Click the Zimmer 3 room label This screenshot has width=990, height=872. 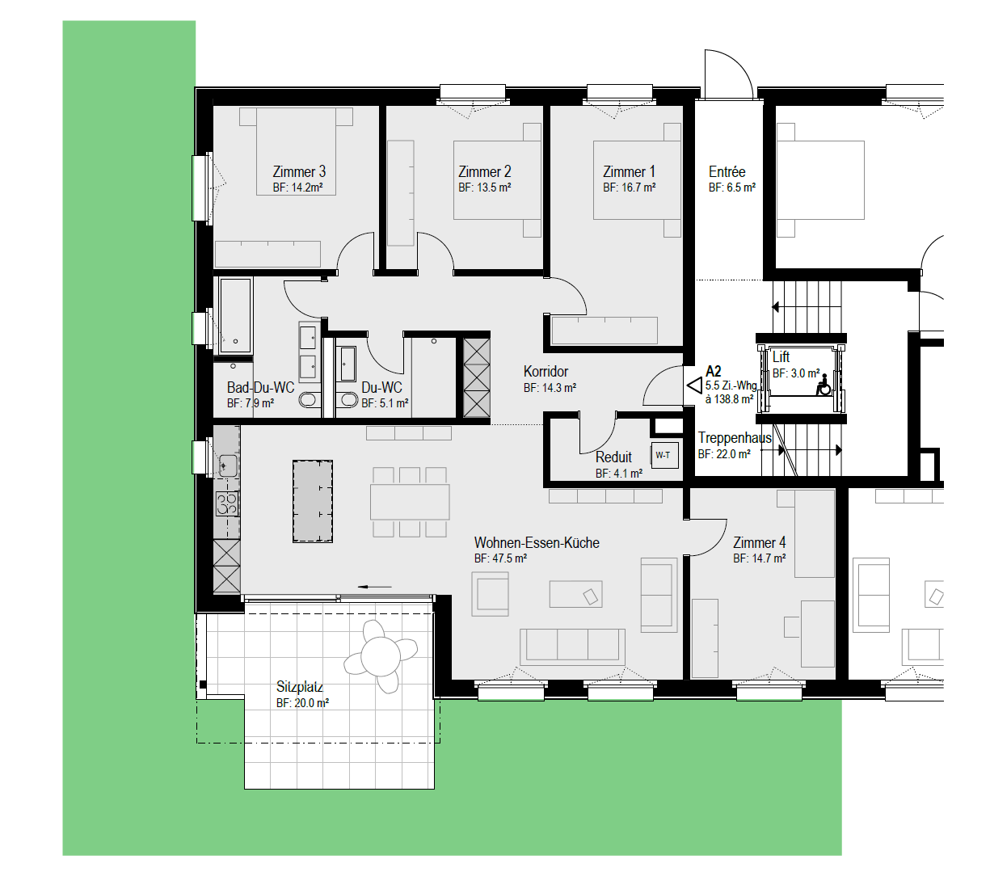tap(298, 171)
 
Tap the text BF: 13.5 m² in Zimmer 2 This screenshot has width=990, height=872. tap(484, 187)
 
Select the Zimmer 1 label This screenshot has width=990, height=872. tap(629, 171)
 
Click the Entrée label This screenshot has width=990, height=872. tap(727, 171)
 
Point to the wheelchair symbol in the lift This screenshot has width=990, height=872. tap(824, 385)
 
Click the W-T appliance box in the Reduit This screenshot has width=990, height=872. tap(664, 456)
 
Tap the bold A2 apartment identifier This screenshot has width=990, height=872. tap(714, 372)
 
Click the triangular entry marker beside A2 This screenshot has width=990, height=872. tap(694, 385)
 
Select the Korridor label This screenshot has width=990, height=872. tap(546, 372)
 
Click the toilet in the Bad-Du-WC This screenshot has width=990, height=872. tap(309, 400)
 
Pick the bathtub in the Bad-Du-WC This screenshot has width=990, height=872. tap(235, 315)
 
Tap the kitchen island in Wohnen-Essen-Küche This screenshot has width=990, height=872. tap(312, 501)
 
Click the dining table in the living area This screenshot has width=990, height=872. tap(410, 502)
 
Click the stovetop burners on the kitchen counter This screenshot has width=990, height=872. tap(227, 503)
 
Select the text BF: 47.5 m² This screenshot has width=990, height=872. tap(500, 558)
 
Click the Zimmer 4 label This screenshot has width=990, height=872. tap(759, 542)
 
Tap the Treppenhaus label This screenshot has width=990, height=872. tap(735, 437)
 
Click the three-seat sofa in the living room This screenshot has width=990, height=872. tap(572, 647)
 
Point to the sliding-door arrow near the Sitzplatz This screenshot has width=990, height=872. tap(374, 587)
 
